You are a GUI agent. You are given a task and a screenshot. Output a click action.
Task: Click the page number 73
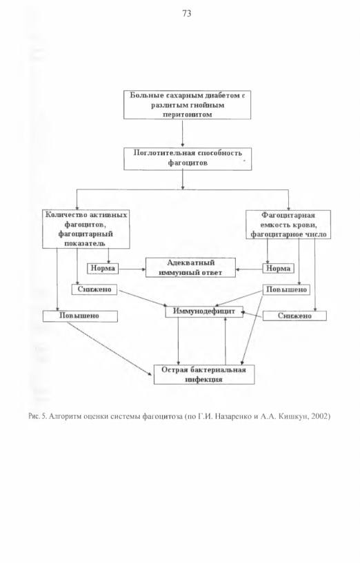pos(187,14)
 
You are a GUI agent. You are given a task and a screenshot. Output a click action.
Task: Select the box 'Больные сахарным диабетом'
pos(187,105)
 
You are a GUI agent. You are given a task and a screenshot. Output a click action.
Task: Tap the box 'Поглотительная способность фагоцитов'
pos(188,158)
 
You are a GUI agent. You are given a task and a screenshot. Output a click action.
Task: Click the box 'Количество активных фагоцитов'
pos(86,229)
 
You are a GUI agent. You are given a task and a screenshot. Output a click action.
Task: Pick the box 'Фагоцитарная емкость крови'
pos(288,225)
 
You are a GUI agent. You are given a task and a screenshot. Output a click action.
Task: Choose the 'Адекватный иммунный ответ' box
pos(190,267)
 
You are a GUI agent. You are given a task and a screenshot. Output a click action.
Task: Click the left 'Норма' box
pos(103,268)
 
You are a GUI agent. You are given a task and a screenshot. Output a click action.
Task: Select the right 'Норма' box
pos(278,268)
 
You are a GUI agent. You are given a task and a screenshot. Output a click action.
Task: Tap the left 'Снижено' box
pos(94,289)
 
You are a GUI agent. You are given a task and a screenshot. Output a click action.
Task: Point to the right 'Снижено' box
pos(294,316)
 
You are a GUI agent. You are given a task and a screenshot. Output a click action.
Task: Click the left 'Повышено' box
pos(80,316)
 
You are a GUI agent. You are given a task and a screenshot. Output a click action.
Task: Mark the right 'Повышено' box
pos(286,289)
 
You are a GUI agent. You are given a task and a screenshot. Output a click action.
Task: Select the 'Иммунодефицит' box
pos(204,311)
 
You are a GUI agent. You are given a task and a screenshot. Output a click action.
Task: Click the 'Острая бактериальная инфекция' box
pos(204,374)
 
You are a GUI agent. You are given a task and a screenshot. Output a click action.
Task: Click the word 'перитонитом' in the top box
pos(187,115)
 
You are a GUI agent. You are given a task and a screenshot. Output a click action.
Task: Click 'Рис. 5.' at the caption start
pos(37,417)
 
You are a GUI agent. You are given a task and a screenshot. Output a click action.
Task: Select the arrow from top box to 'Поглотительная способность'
pos(183,133)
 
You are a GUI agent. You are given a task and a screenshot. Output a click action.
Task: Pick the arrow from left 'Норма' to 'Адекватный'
pos(132,269)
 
